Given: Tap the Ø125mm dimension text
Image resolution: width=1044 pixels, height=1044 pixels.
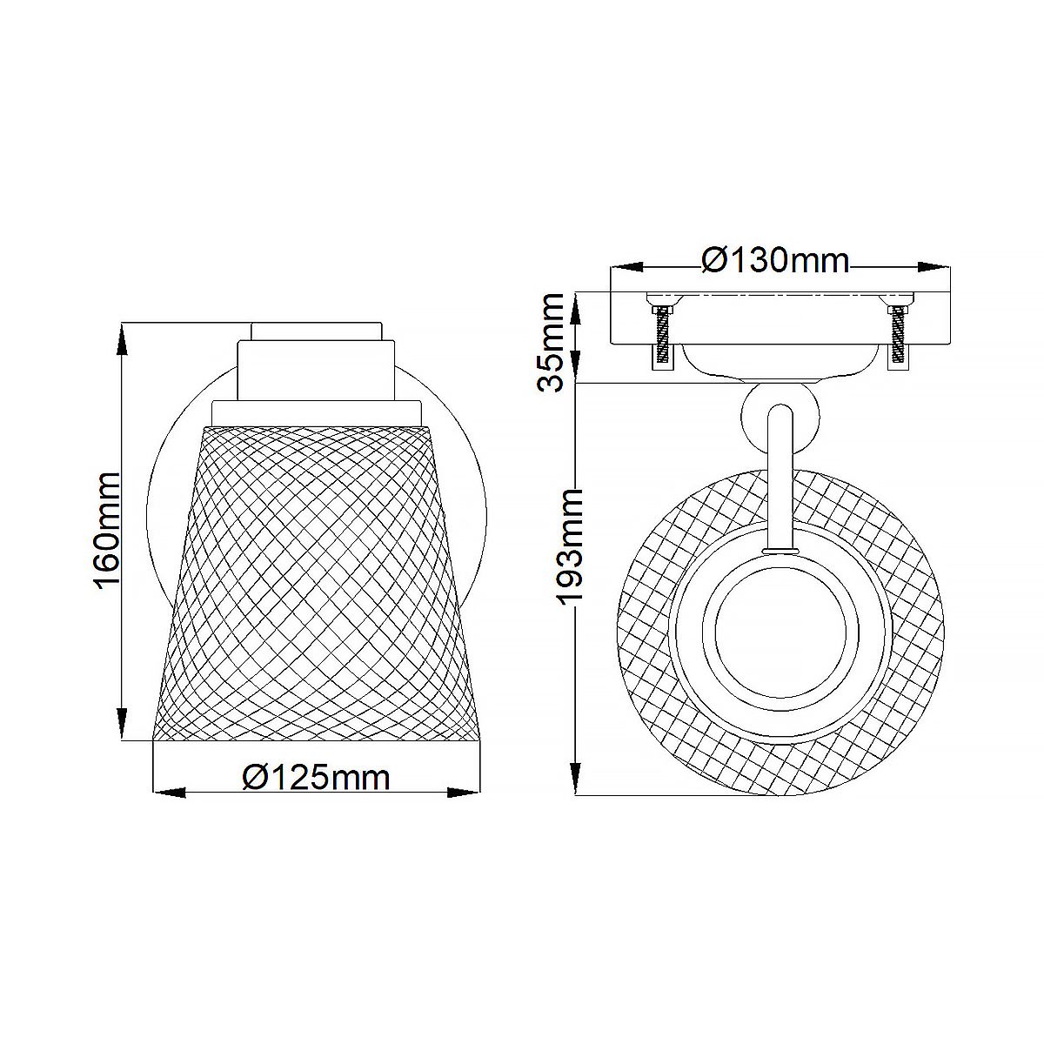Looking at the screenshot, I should point(316,777).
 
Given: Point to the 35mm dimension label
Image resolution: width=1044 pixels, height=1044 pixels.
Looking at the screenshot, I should point(554,342).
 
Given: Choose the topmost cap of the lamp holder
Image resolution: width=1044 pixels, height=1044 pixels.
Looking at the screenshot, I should point(316,331).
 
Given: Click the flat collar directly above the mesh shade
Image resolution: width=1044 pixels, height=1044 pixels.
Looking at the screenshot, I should point(317,412).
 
